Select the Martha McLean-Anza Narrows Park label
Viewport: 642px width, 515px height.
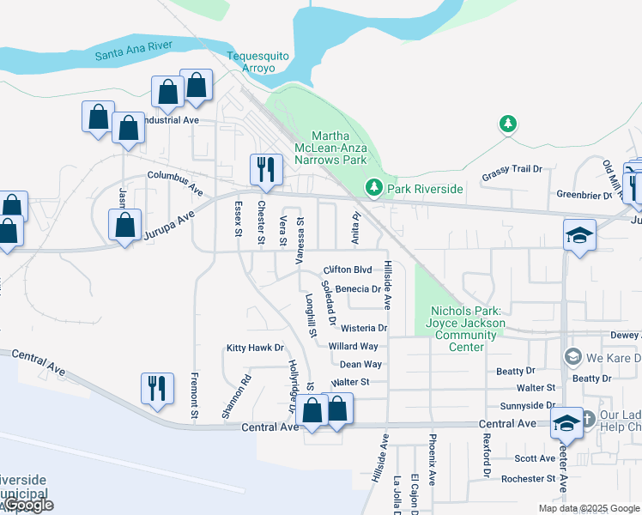[x=338, y=148]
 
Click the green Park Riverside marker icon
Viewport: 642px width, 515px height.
[x=373, y=187]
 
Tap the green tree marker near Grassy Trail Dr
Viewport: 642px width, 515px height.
[x=508, y=124]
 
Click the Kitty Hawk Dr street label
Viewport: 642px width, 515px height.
[x=255, y=348]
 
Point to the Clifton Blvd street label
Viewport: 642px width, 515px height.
[x=347, y=270]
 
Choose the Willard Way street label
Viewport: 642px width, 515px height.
[x=353, y=347]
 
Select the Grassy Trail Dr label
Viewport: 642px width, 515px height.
[x=512, y=169]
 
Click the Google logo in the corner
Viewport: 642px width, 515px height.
[x=29, y=505]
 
